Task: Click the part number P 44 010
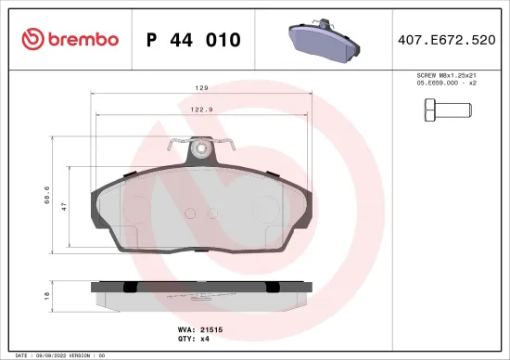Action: pos(194,39)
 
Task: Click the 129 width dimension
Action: pos(200,90)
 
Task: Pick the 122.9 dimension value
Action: pos(200,110)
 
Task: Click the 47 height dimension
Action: pos(64,207)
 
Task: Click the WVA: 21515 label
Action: pos(200,329)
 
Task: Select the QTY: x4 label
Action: pos(195,340)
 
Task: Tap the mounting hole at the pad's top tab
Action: pos(200,148)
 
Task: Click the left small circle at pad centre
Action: pos(189,212)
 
